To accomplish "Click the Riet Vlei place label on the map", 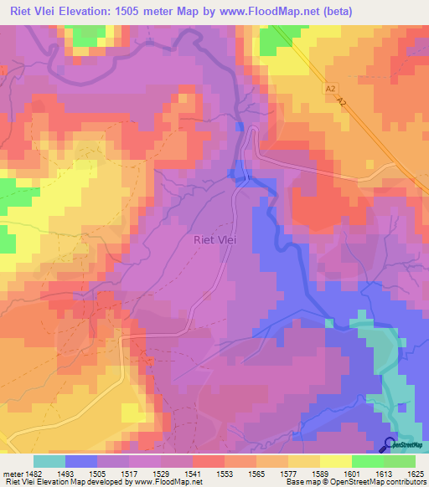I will pyautogui.click(x=214, y=239).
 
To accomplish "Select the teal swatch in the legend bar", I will pyautogui.click(x=49, y=461).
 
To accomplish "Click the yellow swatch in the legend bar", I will pyautogui.click(x=335, y=461).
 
